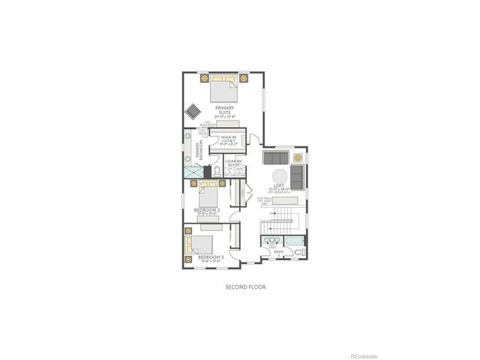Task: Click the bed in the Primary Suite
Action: coord(222,89)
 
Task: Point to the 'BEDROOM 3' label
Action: coord(211,257)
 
